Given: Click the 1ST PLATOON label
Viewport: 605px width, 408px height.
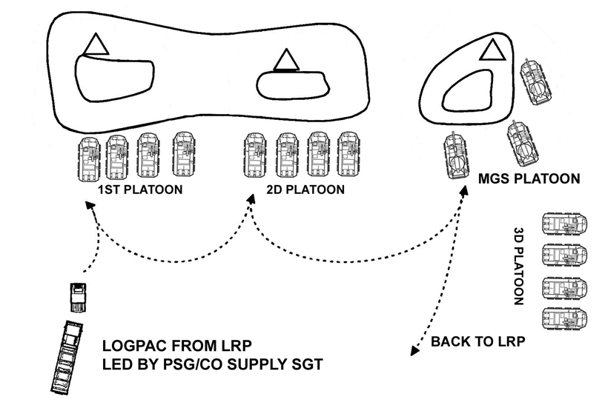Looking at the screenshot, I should pos(140,190).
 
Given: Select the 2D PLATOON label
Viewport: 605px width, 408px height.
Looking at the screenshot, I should pos(305,190).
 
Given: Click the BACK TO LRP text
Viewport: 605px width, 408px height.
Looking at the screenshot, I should pos(477,342).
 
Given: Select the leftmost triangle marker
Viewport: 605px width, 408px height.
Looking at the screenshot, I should pos(96,46).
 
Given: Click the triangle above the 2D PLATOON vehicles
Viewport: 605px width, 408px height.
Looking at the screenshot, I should pos(283,59).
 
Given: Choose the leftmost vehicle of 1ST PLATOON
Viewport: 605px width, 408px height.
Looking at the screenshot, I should pos(89,156).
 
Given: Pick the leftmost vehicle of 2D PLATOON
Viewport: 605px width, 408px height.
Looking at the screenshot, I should pos(254,156).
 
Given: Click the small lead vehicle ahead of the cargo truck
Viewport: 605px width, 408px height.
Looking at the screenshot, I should pos(76,298).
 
